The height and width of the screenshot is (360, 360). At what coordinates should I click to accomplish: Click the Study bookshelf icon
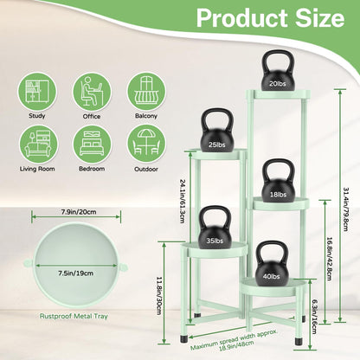tap(37, 92)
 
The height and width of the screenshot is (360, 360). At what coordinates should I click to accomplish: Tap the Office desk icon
tap(92, 92)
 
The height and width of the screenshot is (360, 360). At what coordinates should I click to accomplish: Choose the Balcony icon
tap(146, 92)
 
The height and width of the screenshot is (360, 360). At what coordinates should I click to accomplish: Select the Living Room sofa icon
tap(37, 145)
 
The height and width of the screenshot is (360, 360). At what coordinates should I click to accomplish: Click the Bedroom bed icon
tap(92, 145)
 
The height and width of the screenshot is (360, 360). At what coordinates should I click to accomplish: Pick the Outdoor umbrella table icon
tap(146, 145)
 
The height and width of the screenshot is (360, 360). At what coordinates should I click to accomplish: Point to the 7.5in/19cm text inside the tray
tap(76, 273)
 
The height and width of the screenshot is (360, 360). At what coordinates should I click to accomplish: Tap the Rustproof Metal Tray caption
tap(74, 316)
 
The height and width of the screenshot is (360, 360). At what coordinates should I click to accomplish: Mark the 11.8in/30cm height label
tap(159, 296)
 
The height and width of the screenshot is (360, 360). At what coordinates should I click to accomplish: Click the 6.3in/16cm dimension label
tap(313, 316)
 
